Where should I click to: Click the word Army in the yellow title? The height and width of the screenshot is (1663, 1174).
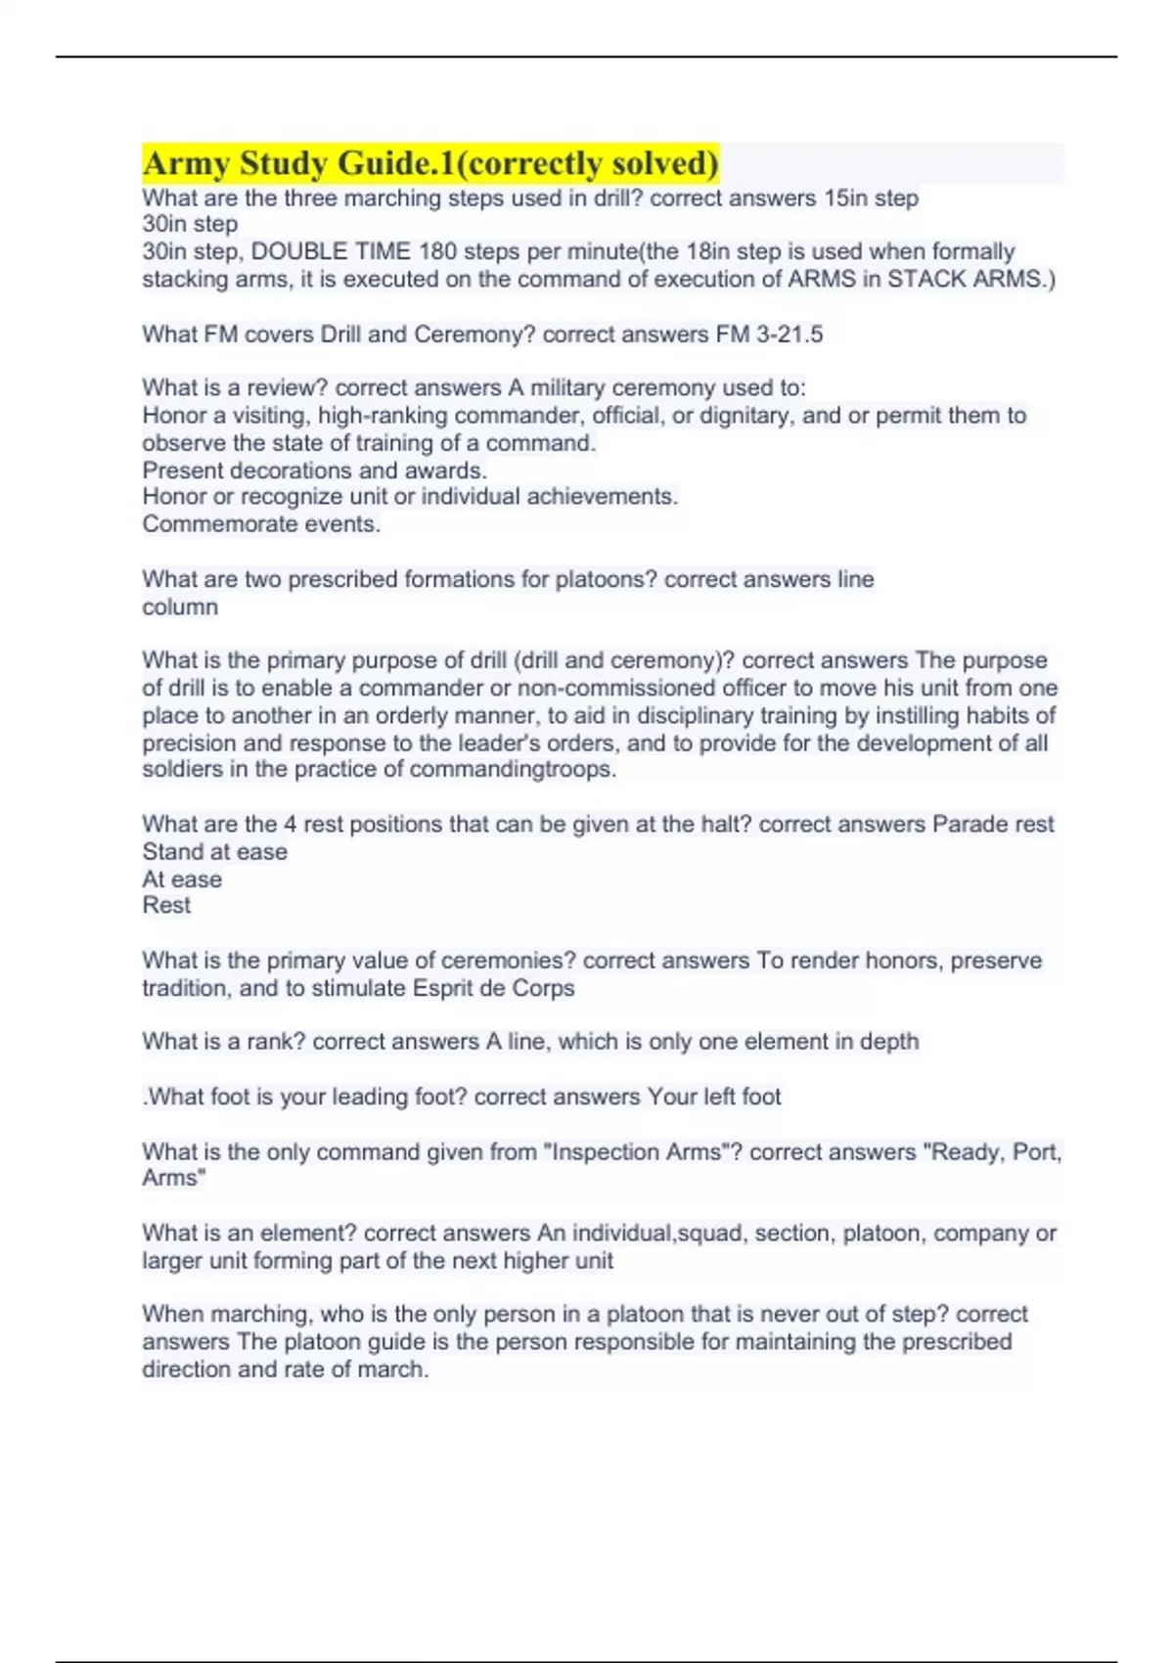tap(186, 162)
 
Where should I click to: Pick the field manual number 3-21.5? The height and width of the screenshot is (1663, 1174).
tap(789, 335)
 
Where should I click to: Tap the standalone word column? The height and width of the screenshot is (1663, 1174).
tap(180, 607)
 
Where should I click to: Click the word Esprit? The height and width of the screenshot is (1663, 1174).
tap(445, 988)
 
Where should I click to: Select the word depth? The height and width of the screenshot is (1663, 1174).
tap(888, 1042)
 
